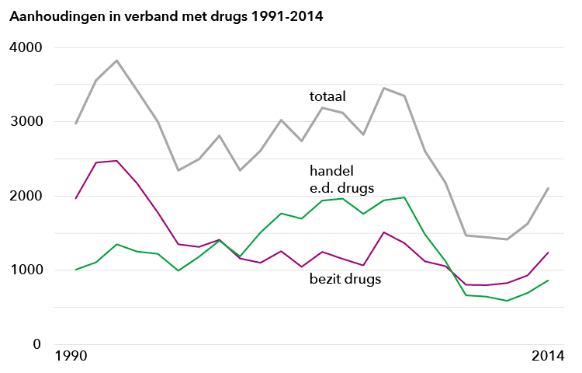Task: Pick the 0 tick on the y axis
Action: [x=36, y=344]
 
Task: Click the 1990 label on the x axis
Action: [x=71, y=357]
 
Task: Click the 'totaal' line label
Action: [x=327, y=96]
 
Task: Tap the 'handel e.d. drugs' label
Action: [x=341, y=178]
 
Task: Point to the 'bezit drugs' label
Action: [x=345, y=278]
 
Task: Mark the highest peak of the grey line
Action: [x=116, y=61]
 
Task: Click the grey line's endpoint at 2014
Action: [x=549, y=188]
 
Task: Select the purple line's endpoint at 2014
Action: [x=549, y=253]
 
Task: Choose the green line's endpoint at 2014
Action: [x=549, y=280]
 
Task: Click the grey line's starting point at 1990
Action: [x=75, y=124]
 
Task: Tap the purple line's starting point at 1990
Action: [x=75, y=198]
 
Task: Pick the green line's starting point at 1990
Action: [x=75, y=270]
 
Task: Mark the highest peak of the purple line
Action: [x=116, y=161]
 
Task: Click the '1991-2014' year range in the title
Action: [x=282, y=16]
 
